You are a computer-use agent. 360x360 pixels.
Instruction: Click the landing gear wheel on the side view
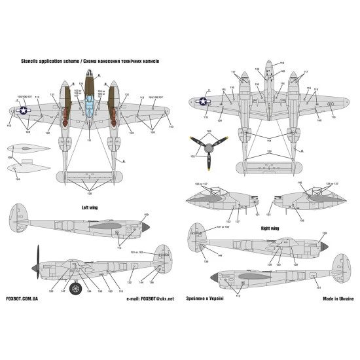click(77, 287)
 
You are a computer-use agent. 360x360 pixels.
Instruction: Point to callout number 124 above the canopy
click(81, 84)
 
